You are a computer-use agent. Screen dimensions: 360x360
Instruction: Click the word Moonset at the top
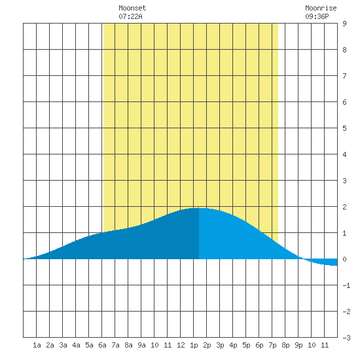[132, 8]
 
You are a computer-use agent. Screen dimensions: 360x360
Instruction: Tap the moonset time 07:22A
[130, 16]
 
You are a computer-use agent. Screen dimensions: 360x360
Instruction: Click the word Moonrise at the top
[321, 8]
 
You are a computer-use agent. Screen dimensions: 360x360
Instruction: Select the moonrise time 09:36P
[317, 16]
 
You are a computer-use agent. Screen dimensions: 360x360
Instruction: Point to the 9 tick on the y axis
[344, 24]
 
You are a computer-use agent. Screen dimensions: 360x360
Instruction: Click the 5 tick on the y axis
[344, 128]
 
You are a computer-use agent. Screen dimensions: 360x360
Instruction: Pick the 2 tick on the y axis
[344, 207]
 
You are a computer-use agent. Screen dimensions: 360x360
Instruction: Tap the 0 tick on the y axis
[344, 259]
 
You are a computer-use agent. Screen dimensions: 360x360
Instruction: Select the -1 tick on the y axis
[346, 285]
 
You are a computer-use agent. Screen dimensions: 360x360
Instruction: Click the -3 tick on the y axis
[346, 338]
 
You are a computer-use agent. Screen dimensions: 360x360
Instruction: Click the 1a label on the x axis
[37, 345]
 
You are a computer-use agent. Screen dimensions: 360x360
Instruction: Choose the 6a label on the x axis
[102, 345]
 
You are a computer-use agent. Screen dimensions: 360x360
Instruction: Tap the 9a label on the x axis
[141, 345]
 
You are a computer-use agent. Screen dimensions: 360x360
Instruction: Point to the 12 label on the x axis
[181, 345]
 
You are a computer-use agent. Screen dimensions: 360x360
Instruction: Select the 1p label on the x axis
[194, 345]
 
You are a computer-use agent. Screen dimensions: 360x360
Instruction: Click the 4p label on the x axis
[233, 345]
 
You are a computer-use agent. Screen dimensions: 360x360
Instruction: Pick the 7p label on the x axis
[272, 345]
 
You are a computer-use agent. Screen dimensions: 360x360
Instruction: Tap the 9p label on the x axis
[298, 345]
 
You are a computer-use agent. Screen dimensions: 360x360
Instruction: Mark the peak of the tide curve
[199, 208]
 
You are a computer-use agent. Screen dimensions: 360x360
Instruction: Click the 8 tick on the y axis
[344, 50]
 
